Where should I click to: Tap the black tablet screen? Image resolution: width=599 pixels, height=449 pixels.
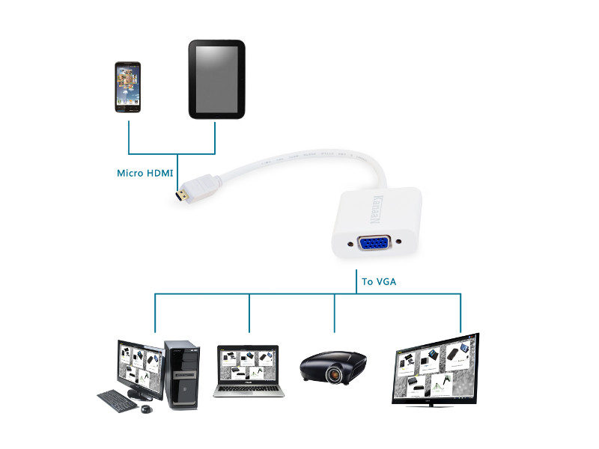216,80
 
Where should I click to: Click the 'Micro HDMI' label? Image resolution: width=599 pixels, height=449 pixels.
145,173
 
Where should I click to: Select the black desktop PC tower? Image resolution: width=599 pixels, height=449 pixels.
182,375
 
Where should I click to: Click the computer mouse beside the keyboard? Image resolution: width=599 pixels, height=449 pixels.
146,409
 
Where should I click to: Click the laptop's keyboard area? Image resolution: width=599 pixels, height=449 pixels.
249,389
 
